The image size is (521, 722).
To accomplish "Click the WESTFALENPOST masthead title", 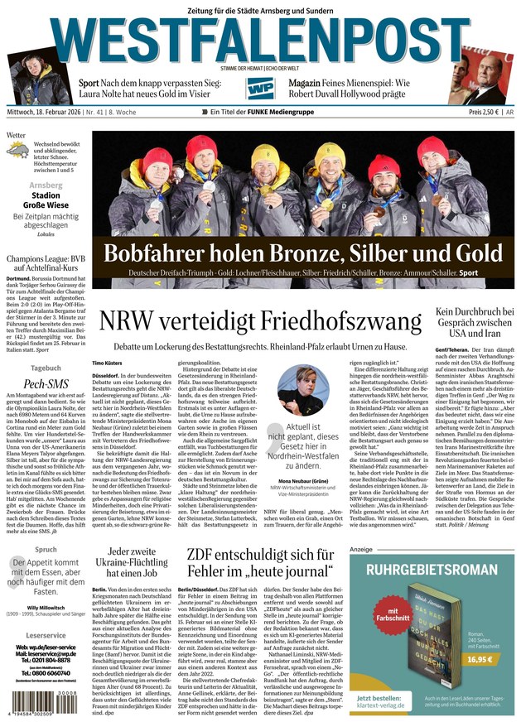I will (260, 41).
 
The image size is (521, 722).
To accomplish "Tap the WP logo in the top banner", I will (260, 89).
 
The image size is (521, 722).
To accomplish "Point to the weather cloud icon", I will (19, 150).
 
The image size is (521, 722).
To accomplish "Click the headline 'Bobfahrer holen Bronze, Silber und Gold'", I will (302, 253).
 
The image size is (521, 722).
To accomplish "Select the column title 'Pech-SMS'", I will (46, 385).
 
